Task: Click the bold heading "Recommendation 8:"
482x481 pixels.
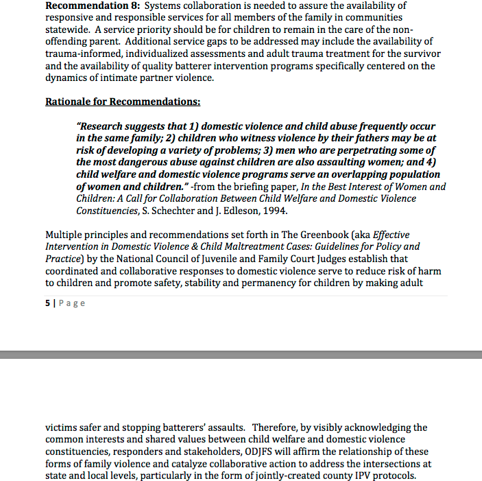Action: tap(93, 6)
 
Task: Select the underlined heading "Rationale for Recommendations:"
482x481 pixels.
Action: tap(123, 102)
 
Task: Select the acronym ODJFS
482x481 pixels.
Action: tap(261, 451)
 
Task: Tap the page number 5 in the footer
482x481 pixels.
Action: tap(47, 303)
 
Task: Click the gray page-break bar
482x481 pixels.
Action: tap(241, 354)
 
